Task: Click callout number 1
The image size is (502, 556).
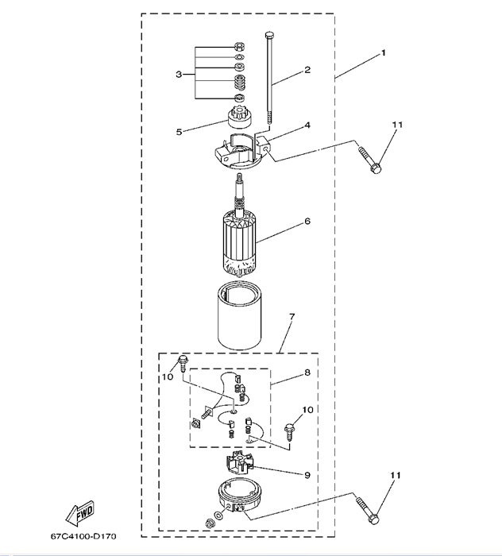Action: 384,53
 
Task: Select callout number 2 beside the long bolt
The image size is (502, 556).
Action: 307,71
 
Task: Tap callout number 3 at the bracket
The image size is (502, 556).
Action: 180,74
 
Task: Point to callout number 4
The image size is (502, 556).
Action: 307,125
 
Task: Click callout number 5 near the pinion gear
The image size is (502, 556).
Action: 180,131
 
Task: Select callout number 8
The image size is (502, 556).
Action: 307,373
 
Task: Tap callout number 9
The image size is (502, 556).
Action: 307,475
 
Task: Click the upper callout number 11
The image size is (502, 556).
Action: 398,125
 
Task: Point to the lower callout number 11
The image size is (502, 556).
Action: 395,474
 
